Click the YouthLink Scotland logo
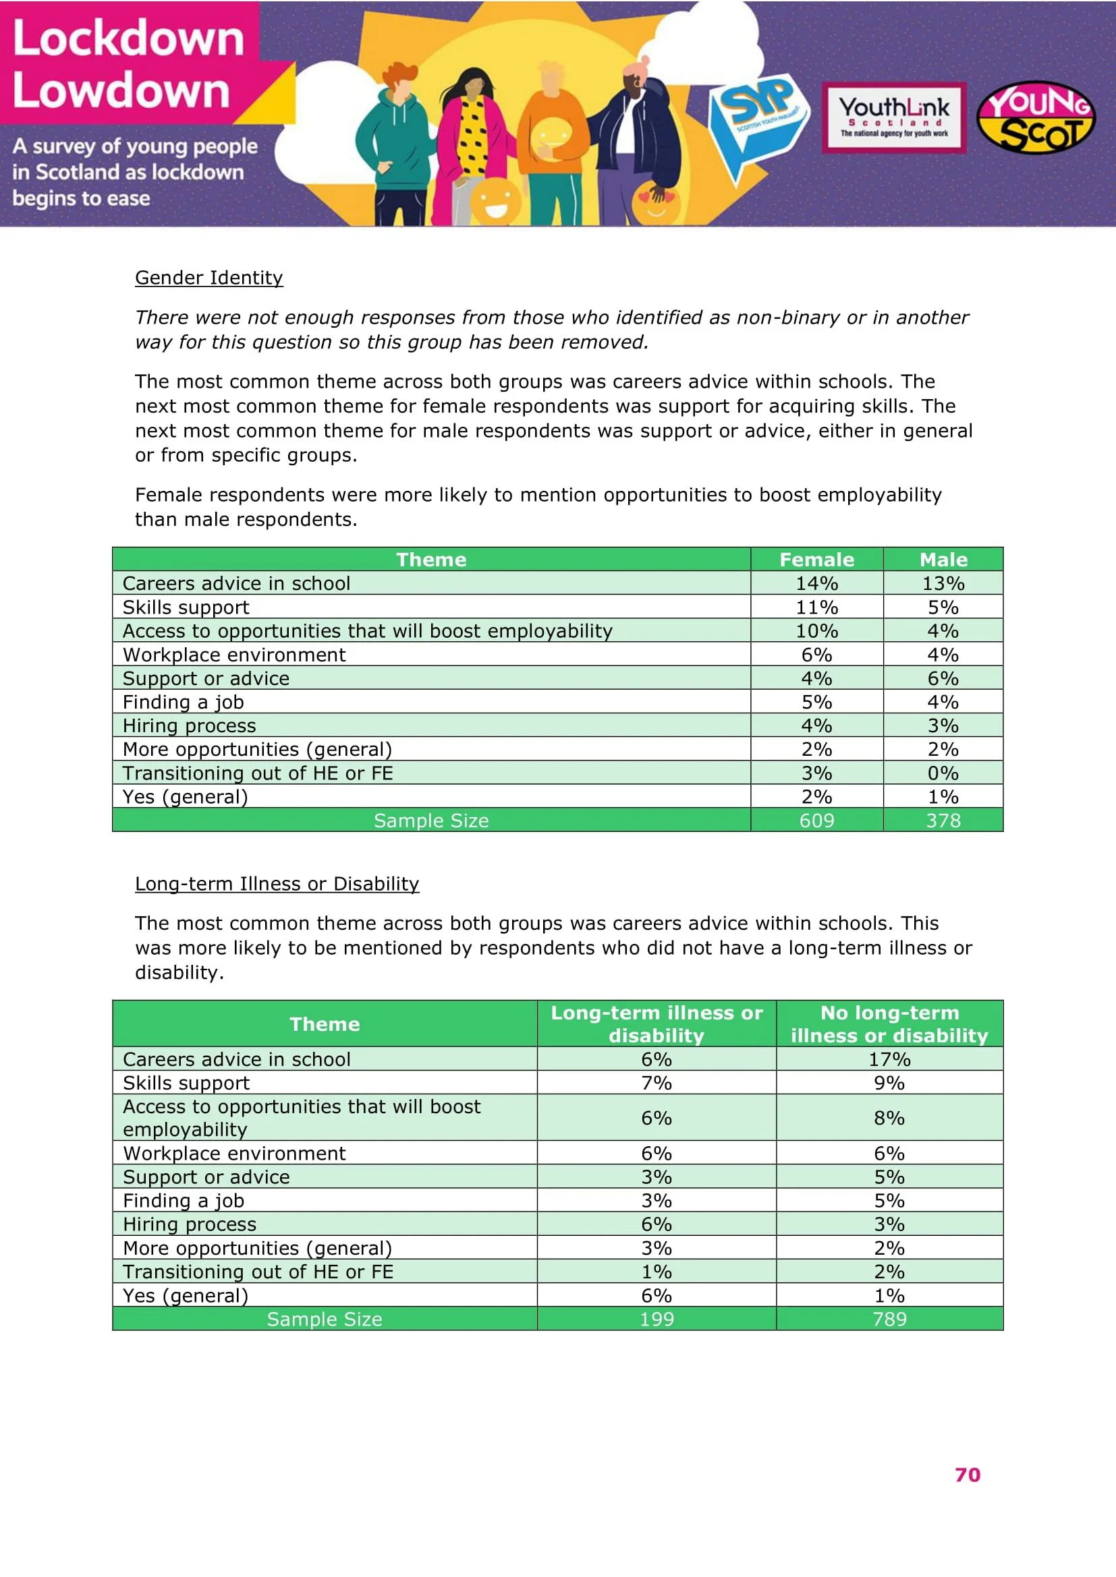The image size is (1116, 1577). point(893,117)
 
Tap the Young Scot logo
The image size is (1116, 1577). point(1036,117)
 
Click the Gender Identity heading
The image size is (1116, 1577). point(209,278)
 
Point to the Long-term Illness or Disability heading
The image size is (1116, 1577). point(276,883)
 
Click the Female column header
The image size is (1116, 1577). point(816,559)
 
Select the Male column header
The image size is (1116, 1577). point(943,559)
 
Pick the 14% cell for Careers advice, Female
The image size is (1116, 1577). point(816,583)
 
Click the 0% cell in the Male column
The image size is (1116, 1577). point(943,773)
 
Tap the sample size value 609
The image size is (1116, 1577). point(816,820)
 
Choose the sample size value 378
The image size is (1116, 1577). point(943,820)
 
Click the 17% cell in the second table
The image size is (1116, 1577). point(889,1059)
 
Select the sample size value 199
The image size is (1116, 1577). point(657,1319)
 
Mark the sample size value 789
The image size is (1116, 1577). point(889,1319)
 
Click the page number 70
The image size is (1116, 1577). point(967,1475)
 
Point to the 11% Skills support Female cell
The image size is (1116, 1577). point(816,607)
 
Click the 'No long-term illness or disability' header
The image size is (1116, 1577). point(889,1023)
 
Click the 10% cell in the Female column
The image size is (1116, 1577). point(816,630)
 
